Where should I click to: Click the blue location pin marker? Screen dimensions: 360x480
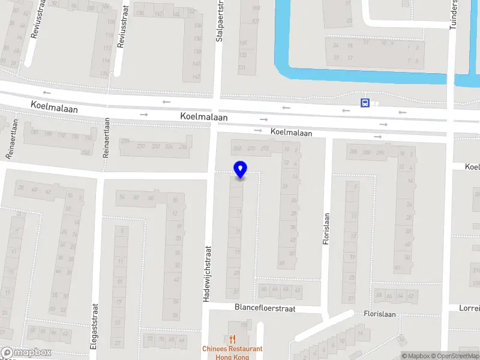click(240, 170)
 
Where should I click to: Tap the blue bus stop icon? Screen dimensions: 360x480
click(365, 103)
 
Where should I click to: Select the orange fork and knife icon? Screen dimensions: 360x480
click(232, 340)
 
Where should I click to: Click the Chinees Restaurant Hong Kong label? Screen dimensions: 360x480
click(232, 353)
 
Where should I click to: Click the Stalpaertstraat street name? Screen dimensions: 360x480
click(219, 21)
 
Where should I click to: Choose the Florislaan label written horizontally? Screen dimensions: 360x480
click(379, 314)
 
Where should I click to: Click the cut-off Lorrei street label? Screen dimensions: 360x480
click(469, 308)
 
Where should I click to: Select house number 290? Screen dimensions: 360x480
click(379, 152)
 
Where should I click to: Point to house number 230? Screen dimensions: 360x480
click(141, 146)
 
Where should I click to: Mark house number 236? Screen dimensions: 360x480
click(183, 146)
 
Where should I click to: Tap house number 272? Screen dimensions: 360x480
click(264, 148)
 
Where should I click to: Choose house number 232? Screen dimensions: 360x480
click(155, 146)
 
